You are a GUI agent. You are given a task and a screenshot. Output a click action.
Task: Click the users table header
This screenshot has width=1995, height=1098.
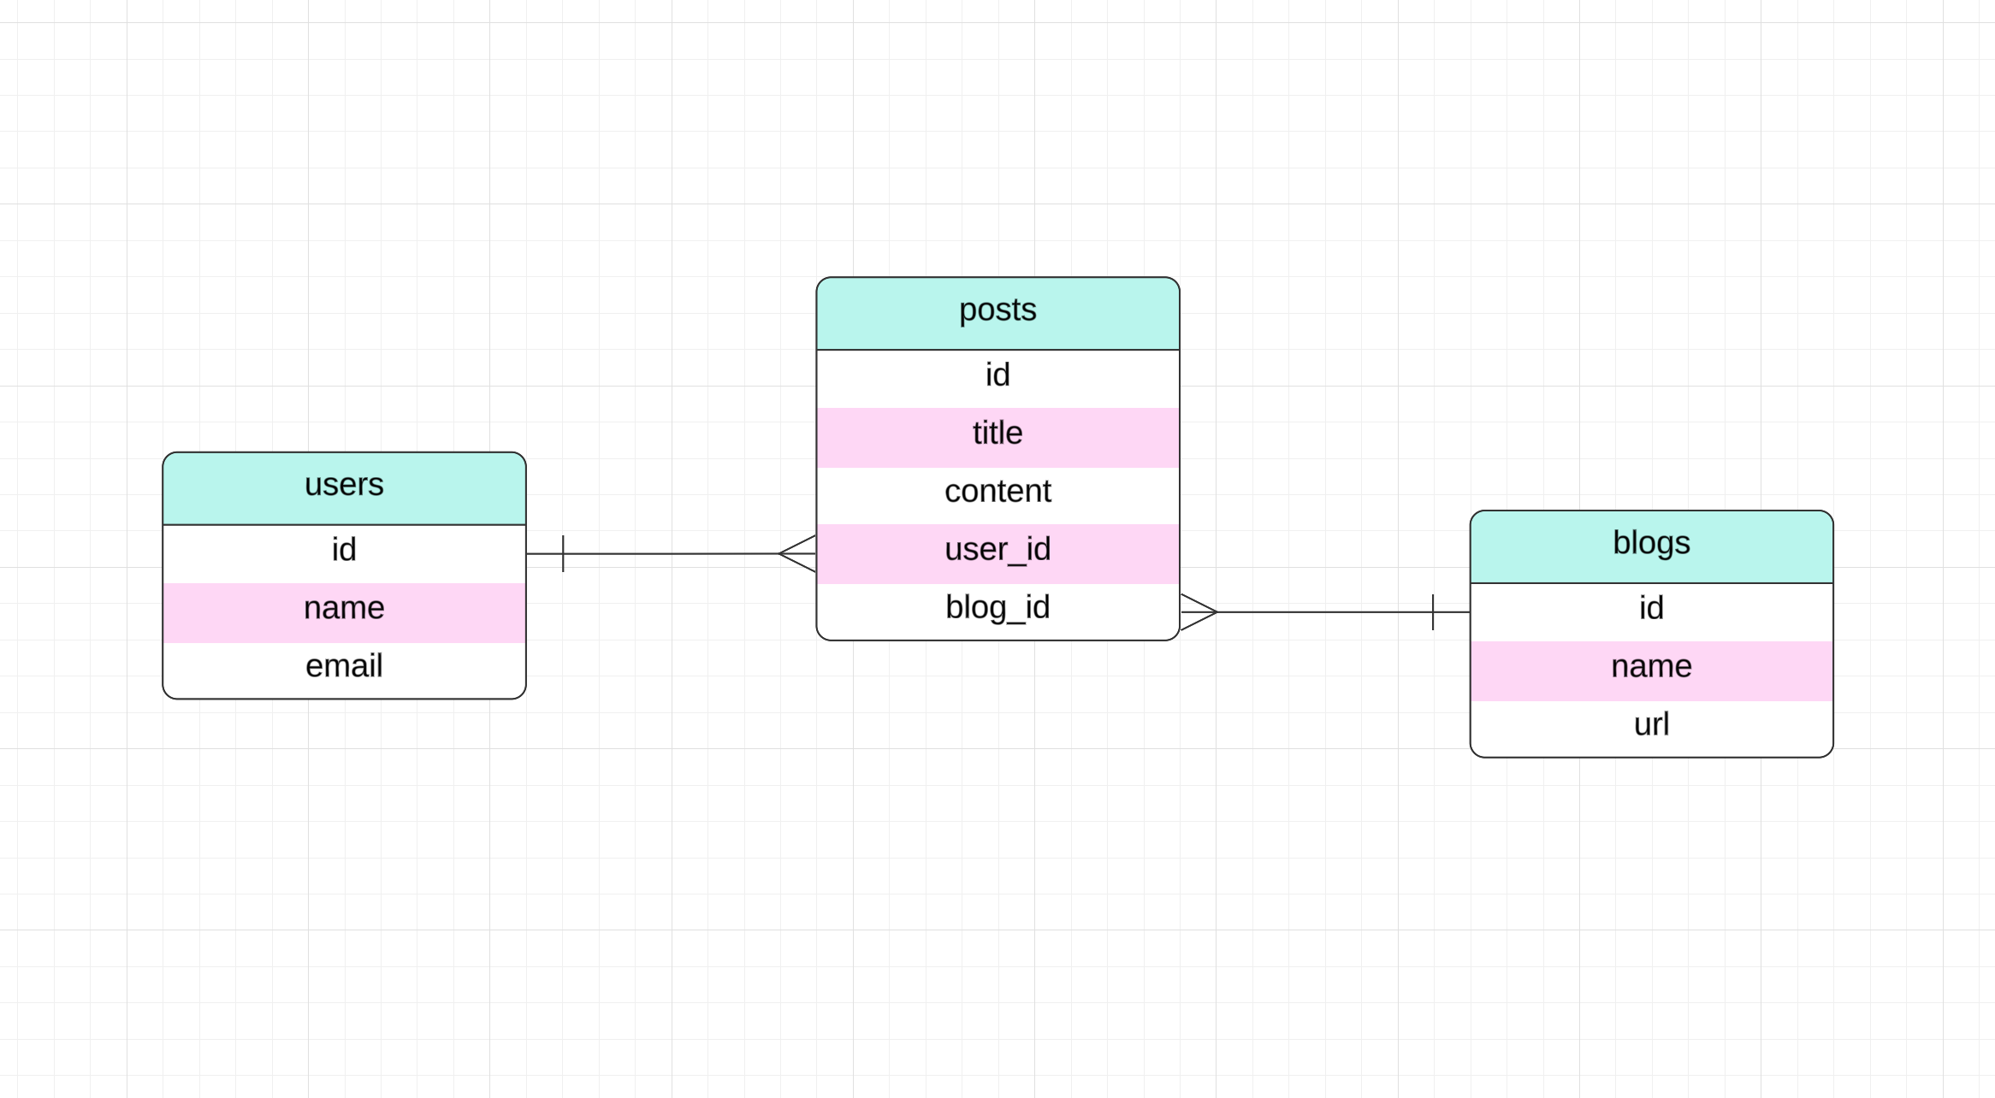tap(344, 486)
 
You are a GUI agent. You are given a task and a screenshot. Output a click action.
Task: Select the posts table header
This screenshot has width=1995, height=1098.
tap(997, 311)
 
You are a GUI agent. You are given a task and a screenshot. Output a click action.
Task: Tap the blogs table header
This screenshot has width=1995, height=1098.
tap(1651, 545)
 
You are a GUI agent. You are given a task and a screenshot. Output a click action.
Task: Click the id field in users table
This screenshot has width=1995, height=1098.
tap(344, 551)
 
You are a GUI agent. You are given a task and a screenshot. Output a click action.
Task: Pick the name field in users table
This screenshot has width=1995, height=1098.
tap(344, 609)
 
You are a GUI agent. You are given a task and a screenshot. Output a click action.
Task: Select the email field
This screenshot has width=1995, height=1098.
tap(344, 667)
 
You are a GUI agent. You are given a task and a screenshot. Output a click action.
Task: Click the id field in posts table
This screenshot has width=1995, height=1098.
tap(997, 376)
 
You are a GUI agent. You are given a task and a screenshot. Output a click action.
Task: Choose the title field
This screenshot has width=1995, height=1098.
tap(997, 434)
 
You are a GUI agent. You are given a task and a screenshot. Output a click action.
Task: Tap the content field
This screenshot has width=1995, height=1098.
tap(997, 493)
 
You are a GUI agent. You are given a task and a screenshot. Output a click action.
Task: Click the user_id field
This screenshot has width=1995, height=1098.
tap(997, 551)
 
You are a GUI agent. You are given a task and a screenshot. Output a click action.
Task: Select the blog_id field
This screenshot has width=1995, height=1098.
tap(997, 609)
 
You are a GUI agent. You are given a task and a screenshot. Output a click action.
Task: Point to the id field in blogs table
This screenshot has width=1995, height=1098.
tap(1651, 609)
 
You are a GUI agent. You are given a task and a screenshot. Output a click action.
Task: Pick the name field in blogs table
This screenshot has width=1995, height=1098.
tap(1651, 667)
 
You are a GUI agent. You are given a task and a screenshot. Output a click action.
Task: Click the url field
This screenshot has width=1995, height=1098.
tap(1651, 725)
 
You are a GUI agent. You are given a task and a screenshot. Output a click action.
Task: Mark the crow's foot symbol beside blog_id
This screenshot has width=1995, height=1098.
tap(1198, 612)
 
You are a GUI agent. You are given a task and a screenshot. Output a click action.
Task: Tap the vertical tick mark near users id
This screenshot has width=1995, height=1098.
tap(563, 554)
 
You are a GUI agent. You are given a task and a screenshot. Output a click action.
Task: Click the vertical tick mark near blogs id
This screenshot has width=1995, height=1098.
tap(1433, 612)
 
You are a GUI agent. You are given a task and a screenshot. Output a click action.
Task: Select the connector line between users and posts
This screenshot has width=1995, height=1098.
tap(672, 554)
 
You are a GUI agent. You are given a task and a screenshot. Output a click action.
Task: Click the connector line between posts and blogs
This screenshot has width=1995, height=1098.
tap(1326, 612)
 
